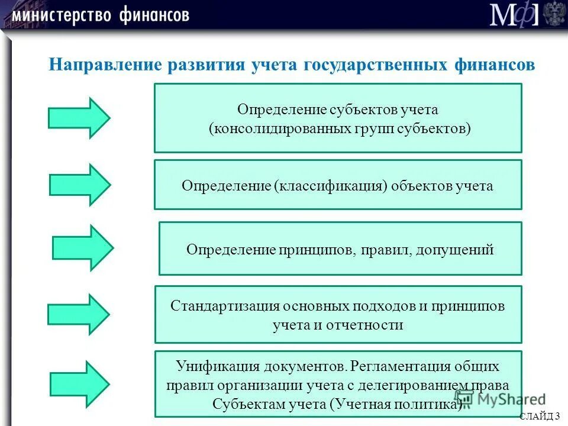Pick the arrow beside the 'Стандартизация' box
pyautogui.click(x=79, y=314)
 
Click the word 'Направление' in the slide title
pyautogui.click(x=106, y=64)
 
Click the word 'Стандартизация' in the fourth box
pyautogui.click(x=225, y=306)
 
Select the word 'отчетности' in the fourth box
pyautogui.click(x=372, y=324)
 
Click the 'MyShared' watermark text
pyautogui.click(x=508, y=399)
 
